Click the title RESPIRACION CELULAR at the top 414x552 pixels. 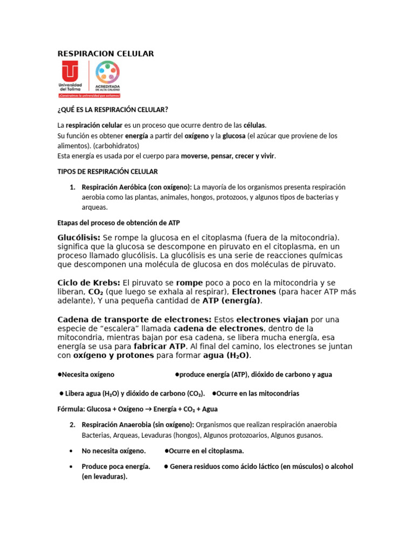coord(106,53)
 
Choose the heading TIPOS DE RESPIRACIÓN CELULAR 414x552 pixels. coord(108,171)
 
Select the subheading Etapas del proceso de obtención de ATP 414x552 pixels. coord(122,223)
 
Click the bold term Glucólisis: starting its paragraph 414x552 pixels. coord(79,238)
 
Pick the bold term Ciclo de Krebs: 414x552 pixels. coord(89,282)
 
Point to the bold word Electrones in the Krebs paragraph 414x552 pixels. coord(254,292)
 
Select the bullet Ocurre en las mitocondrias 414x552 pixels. coord(258,394)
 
